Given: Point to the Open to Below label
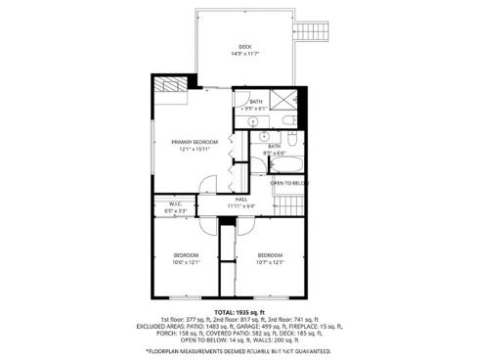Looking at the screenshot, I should pyautogui.click(x=289, y=183).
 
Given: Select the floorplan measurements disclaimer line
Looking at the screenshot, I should pyautogui.click(x=239, y=350).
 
